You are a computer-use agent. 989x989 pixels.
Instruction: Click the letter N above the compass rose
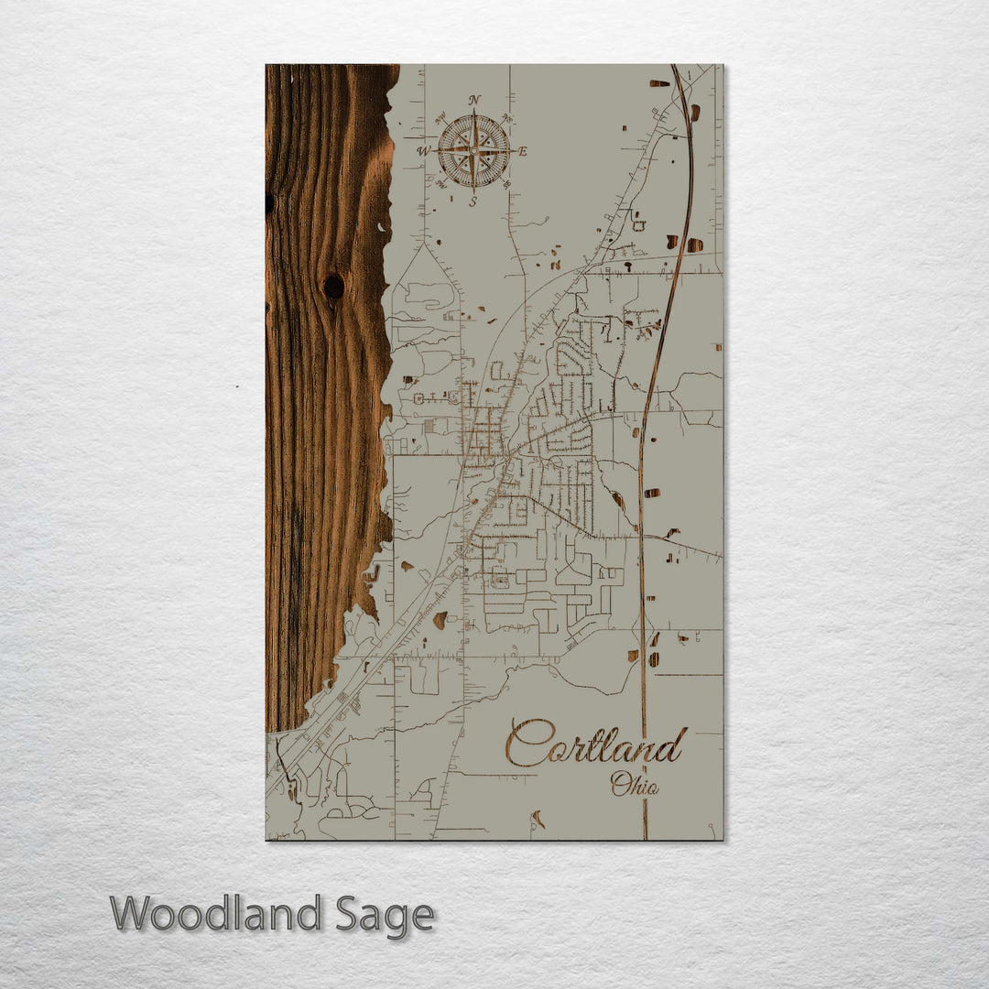coord(473,100)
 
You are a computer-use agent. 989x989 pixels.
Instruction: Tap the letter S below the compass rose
coord(473,202)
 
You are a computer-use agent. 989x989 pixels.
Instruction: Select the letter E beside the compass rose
coord(523,152)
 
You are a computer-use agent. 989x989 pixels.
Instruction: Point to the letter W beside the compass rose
coord(423,151)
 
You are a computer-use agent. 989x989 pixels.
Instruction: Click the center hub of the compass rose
coord(473,151)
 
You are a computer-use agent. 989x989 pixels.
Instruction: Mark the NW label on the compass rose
coord(440,117)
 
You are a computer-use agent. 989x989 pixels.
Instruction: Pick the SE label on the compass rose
coord(507,185)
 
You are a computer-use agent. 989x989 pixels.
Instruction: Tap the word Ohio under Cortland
coord(635,784)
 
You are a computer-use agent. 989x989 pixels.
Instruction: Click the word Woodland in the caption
coord(216,914)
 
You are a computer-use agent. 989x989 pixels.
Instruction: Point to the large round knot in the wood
coord(333,287)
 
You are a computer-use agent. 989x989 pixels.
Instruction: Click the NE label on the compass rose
coord(507,117)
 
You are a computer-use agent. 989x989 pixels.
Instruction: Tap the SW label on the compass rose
coord(440,185)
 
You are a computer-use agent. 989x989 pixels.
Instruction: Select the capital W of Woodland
coord(132,914)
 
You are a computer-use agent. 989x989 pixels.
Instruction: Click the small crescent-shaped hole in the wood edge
coord(382,225)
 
